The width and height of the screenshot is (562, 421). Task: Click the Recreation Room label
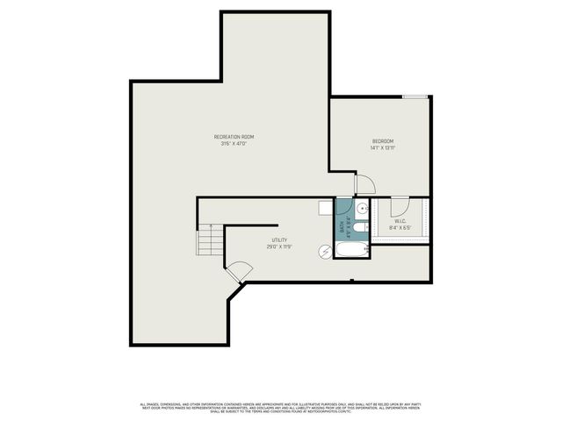(234, 137)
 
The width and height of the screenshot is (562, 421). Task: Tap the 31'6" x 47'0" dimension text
(234, 145)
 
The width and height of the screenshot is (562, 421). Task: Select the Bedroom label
(382, 141)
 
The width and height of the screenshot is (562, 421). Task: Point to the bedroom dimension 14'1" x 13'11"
(382, 148)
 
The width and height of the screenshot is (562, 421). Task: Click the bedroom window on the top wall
(415, 96)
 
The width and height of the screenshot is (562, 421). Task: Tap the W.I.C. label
(400, 221)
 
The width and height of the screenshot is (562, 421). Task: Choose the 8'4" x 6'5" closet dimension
(400, 228)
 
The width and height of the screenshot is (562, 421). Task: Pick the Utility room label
(279, 240)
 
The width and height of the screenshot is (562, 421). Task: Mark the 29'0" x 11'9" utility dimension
(279, 247)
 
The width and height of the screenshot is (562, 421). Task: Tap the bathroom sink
(362, 208)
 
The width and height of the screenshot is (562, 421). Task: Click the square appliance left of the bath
(325, 207)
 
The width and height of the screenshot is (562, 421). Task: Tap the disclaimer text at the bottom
(281, 408)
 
